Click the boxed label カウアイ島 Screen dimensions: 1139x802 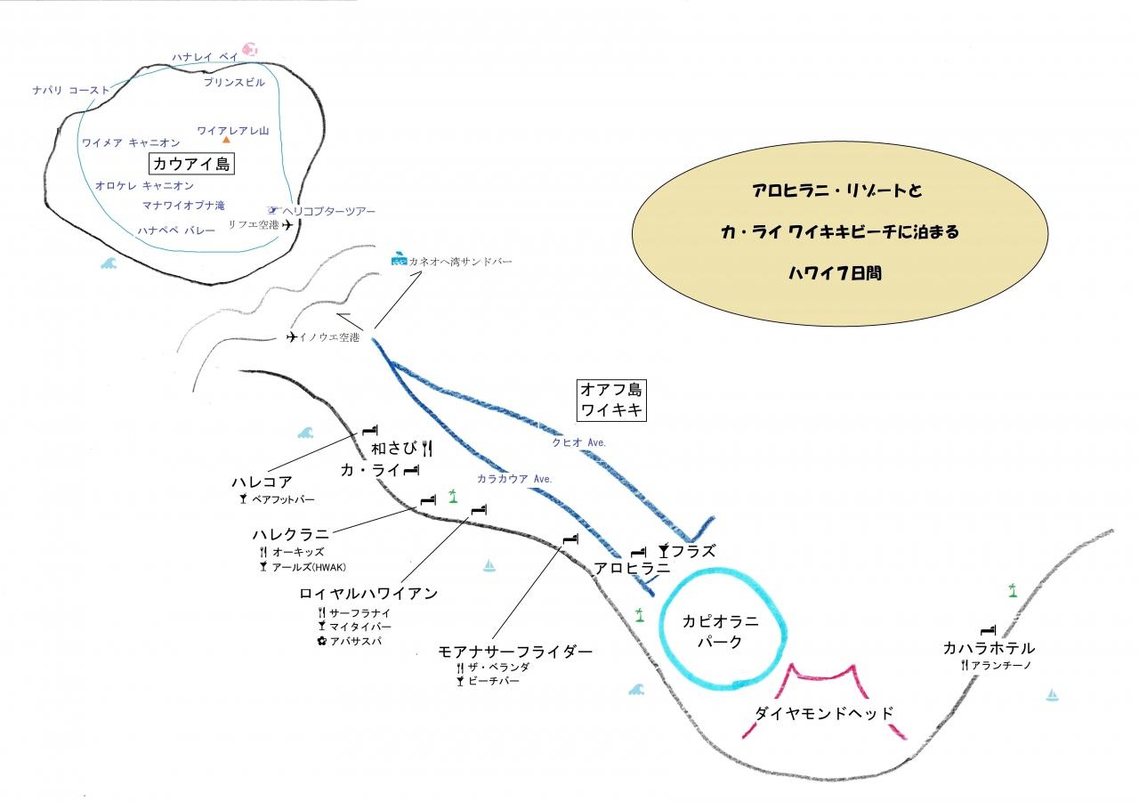tap(191, 164)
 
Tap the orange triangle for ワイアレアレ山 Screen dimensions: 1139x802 tap(226, 140)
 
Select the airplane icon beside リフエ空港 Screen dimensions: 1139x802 tap(287, 224)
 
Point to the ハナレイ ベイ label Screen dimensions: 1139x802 tap(205, 56)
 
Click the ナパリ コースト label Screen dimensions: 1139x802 tap(71, 90)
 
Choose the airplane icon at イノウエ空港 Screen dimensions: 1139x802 tap(291, 336)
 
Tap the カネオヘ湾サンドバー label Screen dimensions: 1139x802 tap(460, 262)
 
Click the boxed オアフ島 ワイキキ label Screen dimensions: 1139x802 tap(611, 401)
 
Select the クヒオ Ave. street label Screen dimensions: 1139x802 tap(578, 442)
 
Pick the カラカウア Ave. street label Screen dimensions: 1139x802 tap(514, 479)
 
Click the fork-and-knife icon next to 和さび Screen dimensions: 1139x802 tap(427, 448)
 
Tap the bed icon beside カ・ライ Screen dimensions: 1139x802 tap(411, 470)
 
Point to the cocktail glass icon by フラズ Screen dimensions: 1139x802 tap(664, 550)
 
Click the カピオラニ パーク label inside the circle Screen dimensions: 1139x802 tap(720, 631)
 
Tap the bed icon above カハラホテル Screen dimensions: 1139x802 tap(988, 630)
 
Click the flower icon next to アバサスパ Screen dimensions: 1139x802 tap(321, 641)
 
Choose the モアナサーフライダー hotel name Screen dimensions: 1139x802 tap(515, 652)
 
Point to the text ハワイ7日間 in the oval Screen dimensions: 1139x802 tap(835, 273)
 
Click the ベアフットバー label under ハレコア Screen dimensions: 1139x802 tap(283, 499)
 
